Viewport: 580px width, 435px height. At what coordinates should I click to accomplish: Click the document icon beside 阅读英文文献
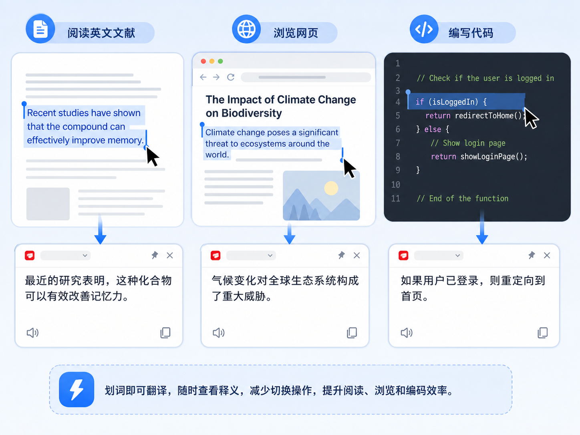tap(40, 29)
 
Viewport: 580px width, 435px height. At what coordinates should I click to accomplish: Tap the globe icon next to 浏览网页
tap(246, 29)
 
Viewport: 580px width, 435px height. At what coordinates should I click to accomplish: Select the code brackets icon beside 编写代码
tap(424, 29)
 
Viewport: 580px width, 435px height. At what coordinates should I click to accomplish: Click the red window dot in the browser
tap(203, 61)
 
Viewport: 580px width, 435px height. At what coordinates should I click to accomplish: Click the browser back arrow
tap(203, 77)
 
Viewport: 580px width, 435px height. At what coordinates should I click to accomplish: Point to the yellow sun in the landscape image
tap(331, 188)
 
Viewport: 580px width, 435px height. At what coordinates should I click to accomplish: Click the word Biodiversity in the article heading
tap(251, 113)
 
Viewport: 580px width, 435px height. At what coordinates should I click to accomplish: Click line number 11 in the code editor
tap(396, 198)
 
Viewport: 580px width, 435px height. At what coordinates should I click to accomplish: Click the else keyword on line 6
tap(433, 129)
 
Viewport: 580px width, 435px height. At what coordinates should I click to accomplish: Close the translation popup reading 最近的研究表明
tap(170, 256)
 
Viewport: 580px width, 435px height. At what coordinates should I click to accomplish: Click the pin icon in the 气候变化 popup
tap(341, 255)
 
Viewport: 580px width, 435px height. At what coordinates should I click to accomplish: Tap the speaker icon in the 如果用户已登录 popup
tap(407, 333)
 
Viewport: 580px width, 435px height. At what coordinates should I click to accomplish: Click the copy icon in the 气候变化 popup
tap(352, 333)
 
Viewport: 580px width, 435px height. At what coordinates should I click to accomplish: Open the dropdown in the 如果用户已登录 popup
tap(438, 256)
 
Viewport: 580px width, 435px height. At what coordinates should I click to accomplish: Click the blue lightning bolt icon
tap(77, 389)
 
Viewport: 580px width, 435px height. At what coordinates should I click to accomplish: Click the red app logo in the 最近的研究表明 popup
tap(30, 256)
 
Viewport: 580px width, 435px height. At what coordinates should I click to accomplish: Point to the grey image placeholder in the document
tap(48, 204)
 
